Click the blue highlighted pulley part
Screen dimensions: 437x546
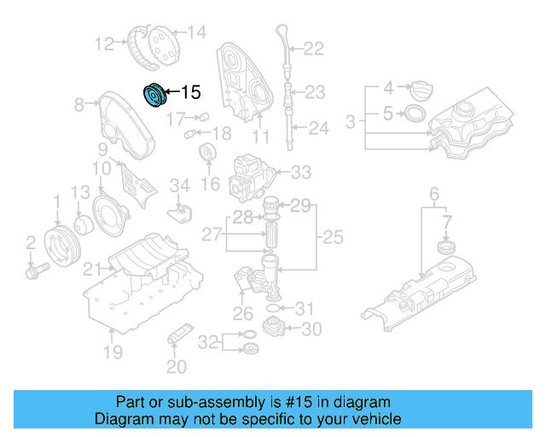click(154, 95)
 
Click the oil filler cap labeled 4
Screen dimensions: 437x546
click(422, 89)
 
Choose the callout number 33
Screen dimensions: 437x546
click(300, 173)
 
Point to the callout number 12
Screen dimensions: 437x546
click(104, 43)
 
